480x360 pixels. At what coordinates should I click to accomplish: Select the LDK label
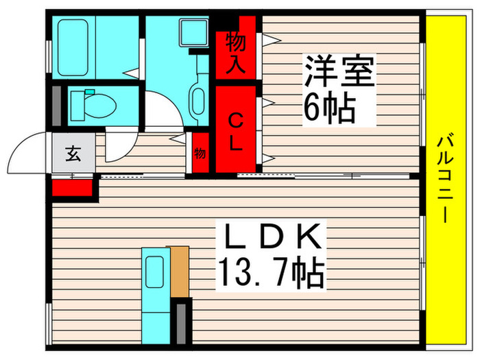[x=269, y=240]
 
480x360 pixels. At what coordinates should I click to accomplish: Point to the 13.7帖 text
[x=270, y=274]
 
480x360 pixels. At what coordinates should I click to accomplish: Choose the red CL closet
[x=235, y=130]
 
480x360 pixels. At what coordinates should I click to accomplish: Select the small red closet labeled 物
[x=200, y=154]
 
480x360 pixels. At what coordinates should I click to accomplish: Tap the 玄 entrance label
[x=72, y=154]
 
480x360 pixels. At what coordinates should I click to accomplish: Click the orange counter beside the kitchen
[x=180, y=271]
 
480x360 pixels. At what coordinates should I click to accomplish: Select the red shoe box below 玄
[x=72, y=187]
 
